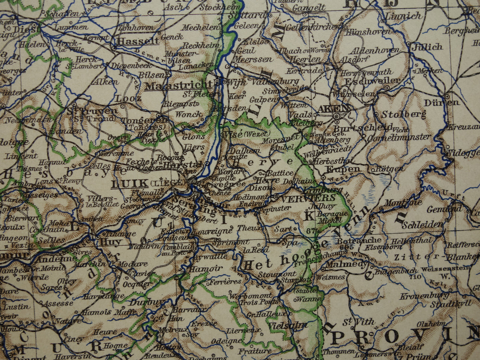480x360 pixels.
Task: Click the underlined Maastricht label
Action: pyautogui.click(x=179, y=86)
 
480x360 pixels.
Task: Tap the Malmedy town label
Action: pyautogui.click(x=347, y=265)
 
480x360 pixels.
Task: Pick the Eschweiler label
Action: pyautogui.click(x=372, y=81)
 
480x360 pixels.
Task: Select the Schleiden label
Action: pyautogui.click(x=422, y=225)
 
